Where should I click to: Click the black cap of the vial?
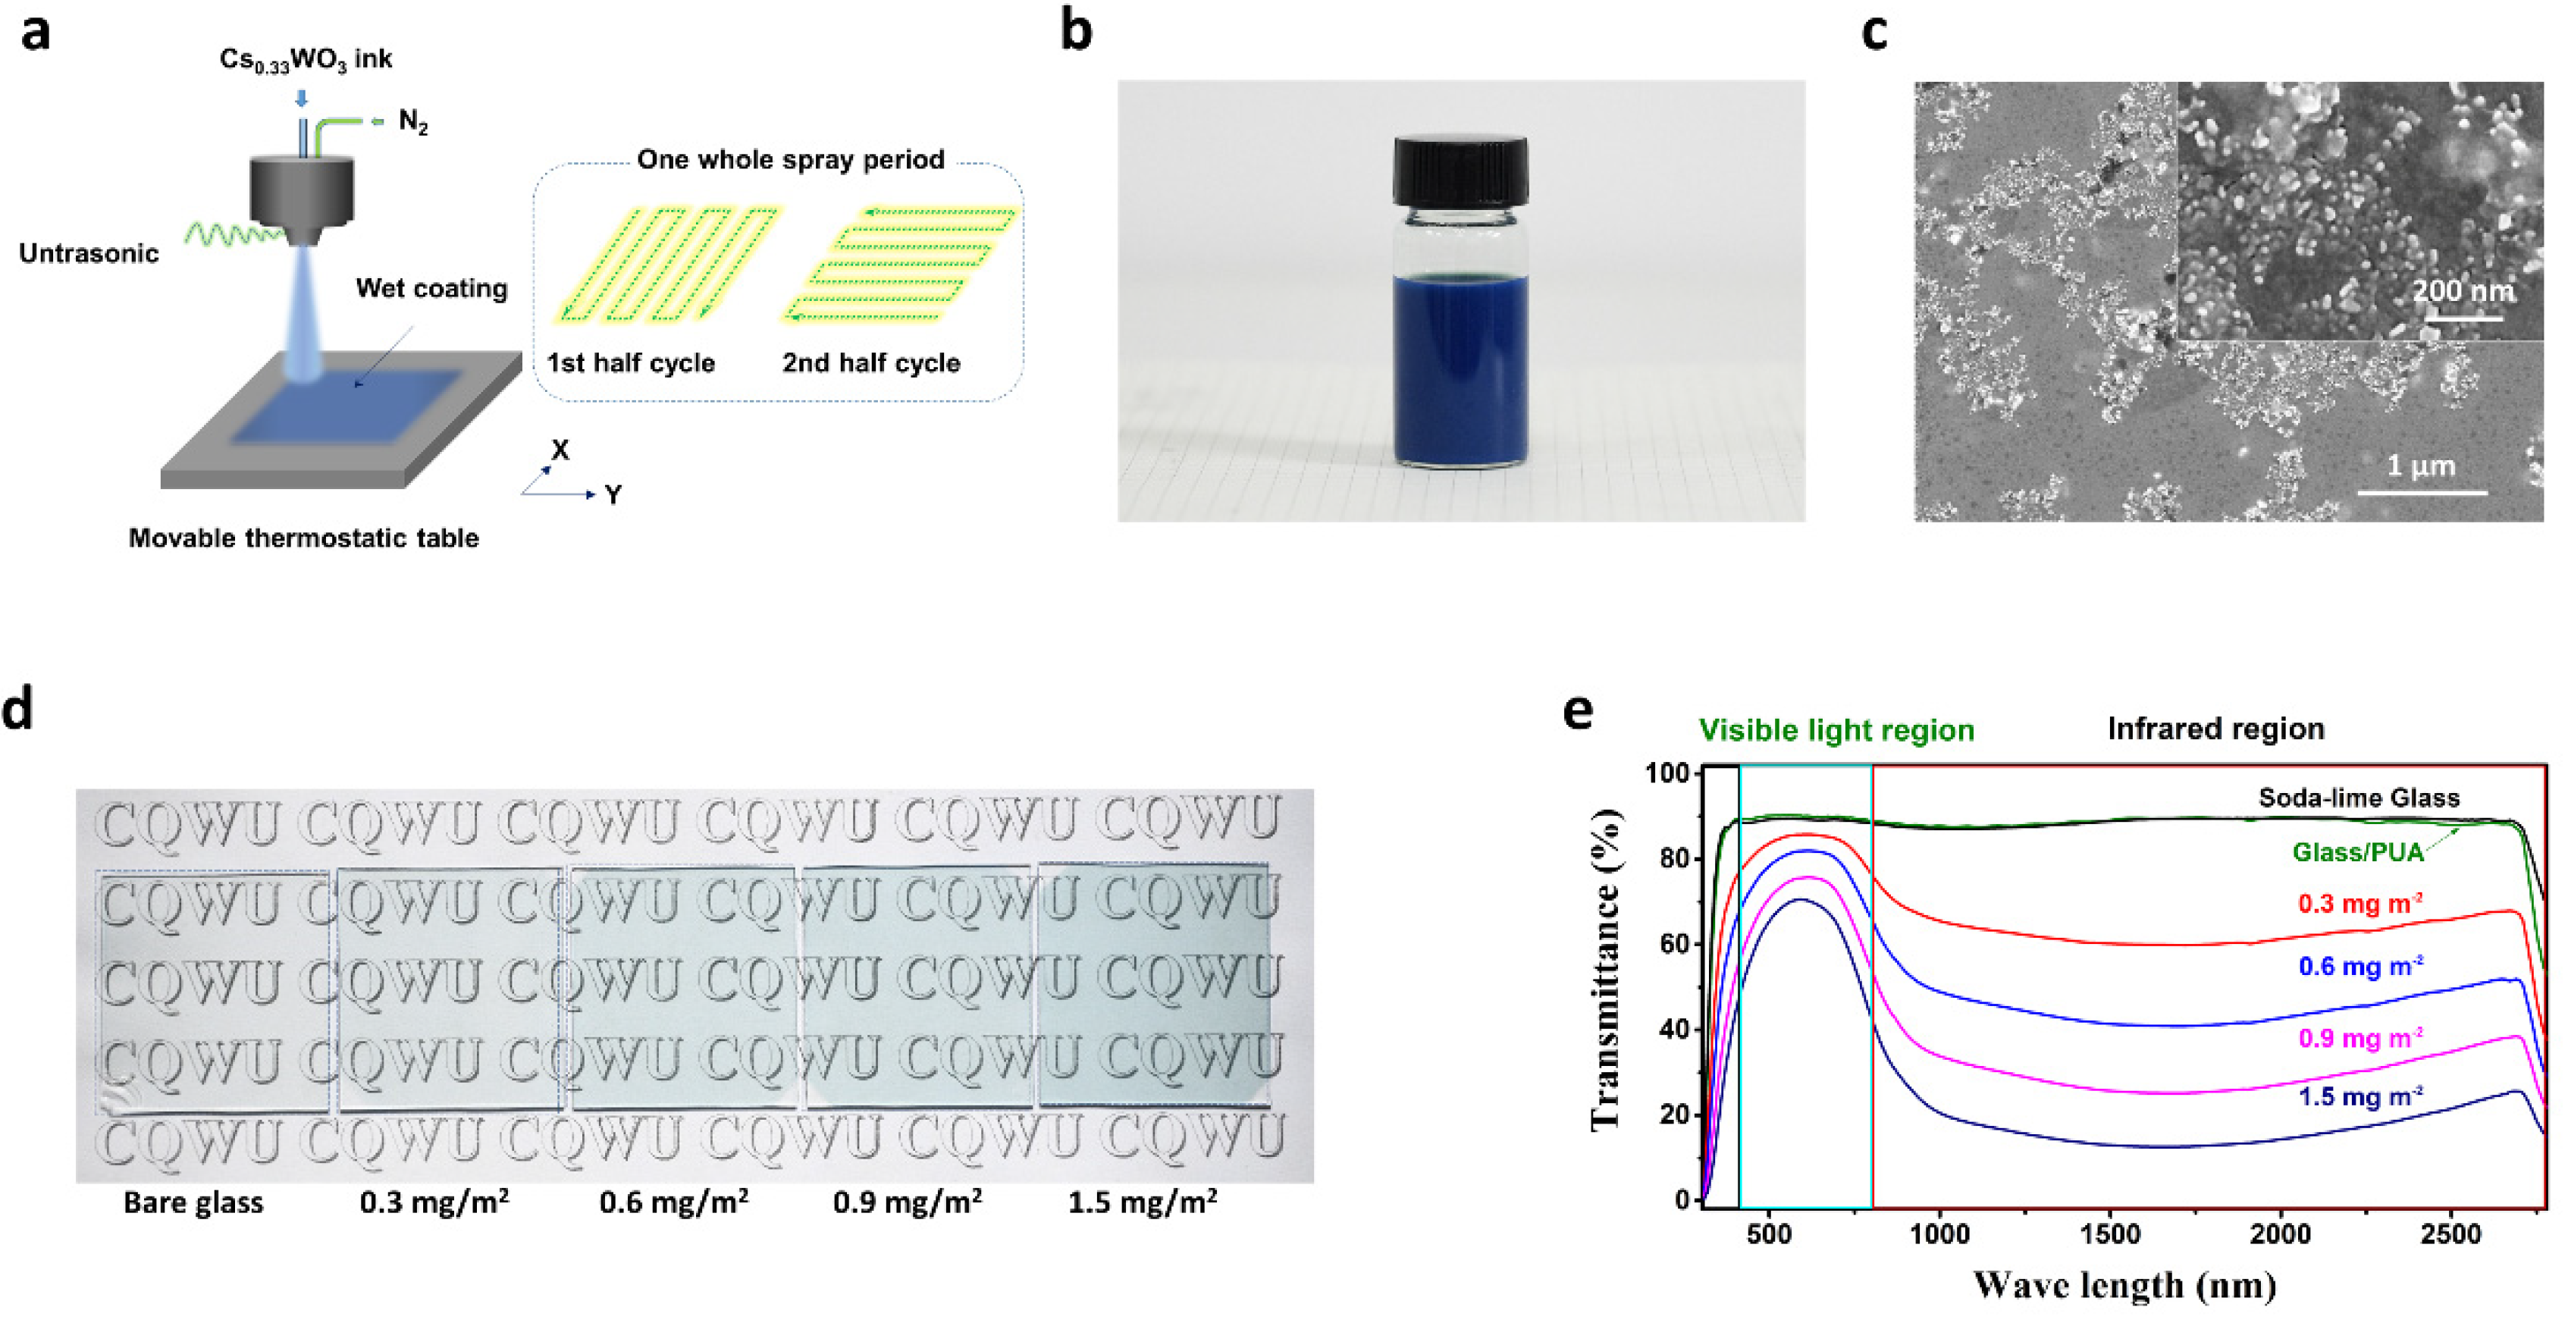coord(1460,172)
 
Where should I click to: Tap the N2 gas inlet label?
coord(412,121)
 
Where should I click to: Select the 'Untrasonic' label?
coord(89,253)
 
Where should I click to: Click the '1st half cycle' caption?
coord(630,363)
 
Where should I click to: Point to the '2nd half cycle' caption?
coord(870,363)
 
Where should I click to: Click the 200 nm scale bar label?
coord(2463,291)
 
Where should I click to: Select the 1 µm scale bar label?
coord(2420,466)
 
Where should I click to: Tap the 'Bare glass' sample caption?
coord(193,1202)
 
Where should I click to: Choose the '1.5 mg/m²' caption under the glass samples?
coord(1143,1202)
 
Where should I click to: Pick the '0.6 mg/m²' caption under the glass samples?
coord(674,1202)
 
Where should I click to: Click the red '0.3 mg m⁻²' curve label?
coord(2359,904)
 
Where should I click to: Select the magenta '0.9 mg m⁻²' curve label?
coord(2359,1038)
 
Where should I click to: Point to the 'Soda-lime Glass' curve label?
coord(2359,798)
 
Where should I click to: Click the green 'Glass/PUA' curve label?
coord(2356,852)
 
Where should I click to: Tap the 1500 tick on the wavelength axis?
coord(2109,1234)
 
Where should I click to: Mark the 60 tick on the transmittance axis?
coord(1675,943)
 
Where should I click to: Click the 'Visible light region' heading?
coord(1836,731)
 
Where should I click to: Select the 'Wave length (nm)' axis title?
coord(2124,1285)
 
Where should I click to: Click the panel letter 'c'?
coord(1874,32)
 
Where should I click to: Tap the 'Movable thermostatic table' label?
coord(304,538)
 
